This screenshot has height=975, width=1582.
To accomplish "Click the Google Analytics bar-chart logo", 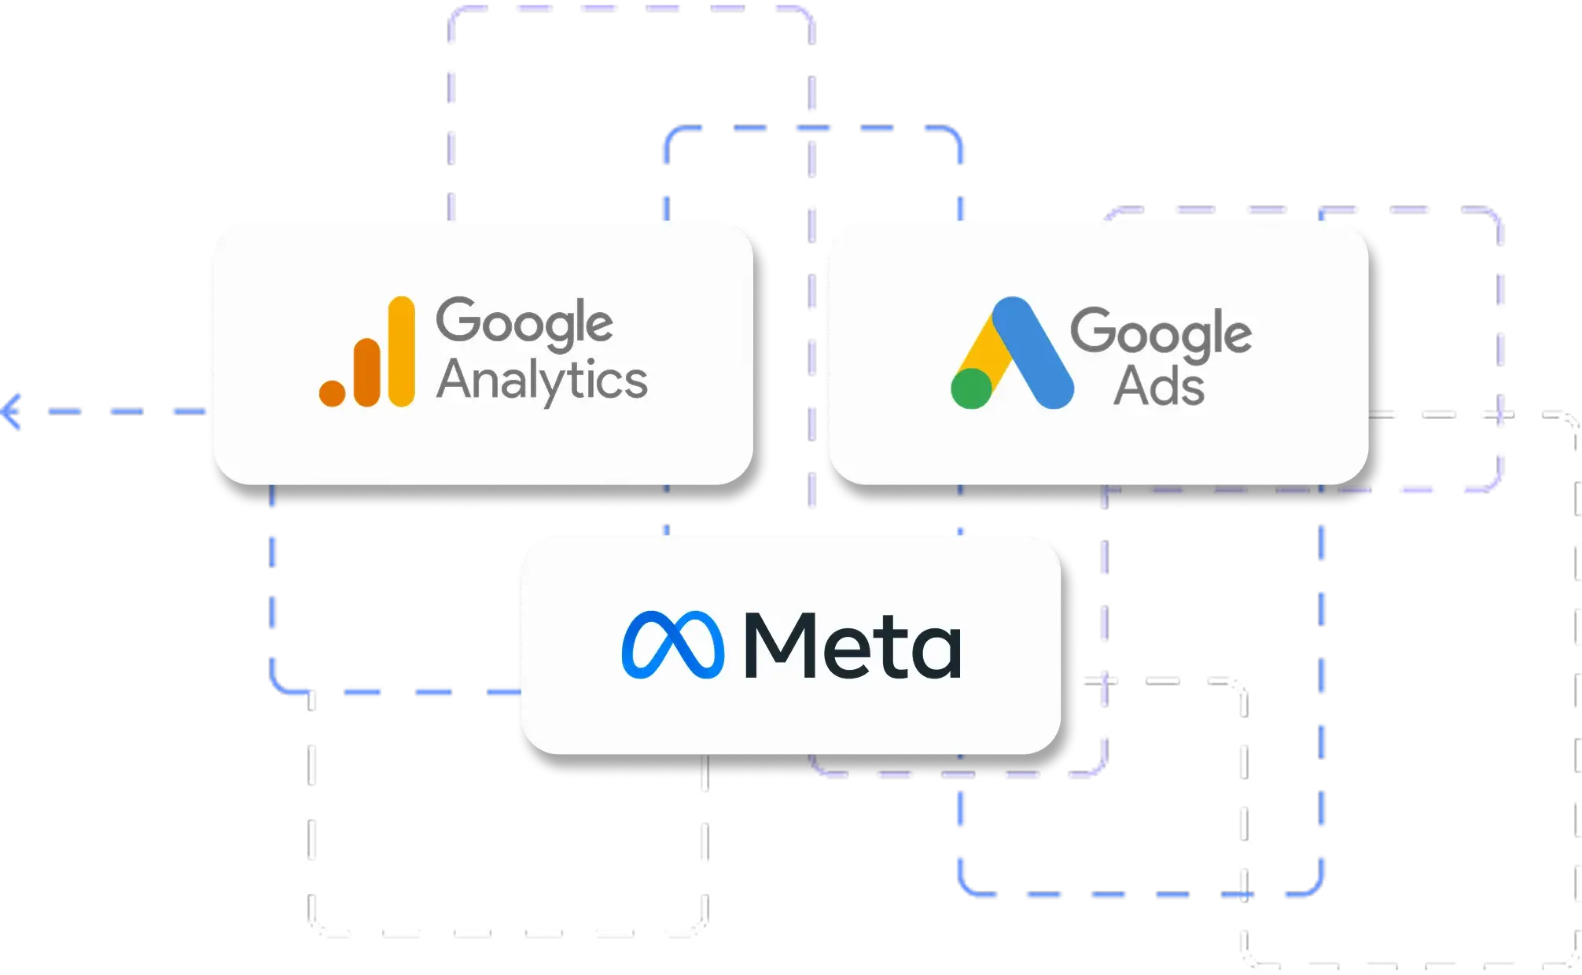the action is (367, 352).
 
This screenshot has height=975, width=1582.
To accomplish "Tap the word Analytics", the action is (542, 381).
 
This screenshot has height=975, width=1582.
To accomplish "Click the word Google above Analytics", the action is (524, 322).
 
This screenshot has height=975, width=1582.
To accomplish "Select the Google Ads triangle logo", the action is (1012, 354).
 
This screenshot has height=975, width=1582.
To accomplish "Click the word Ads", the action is (1159, 386).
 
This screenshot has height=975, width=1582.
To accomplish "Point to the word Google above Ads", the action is (1161, 333).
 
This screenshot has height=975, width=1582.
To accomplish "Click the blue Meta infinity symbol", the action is (672, 644).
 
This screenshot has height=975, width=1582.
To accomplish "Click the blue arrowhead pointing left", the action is (12, 411).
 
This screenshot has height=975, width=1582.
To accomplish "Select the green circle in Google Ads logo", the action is (971, 388).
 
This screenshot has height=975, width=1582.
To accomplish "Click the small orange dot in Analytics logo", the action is (332, 393).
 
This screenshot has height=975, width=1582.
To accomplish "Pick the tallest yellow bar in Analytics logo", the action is (402, 351).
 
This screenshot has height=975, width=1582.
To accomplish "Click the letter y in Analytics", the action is (555, 387).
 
